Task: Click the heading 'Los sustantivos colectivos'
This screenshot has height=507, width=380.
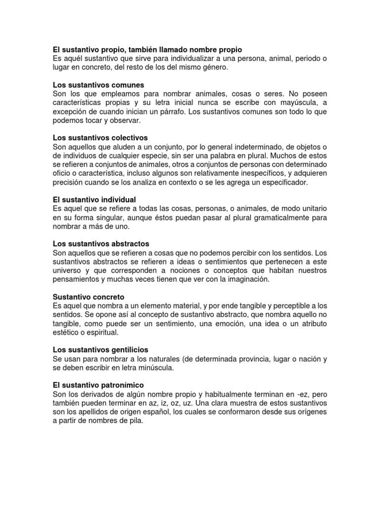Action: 100,138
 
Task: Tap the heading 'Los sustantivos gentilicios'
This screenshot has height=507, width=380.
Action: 100,350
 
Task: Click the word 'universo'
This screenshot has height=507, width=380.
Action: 68,270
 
